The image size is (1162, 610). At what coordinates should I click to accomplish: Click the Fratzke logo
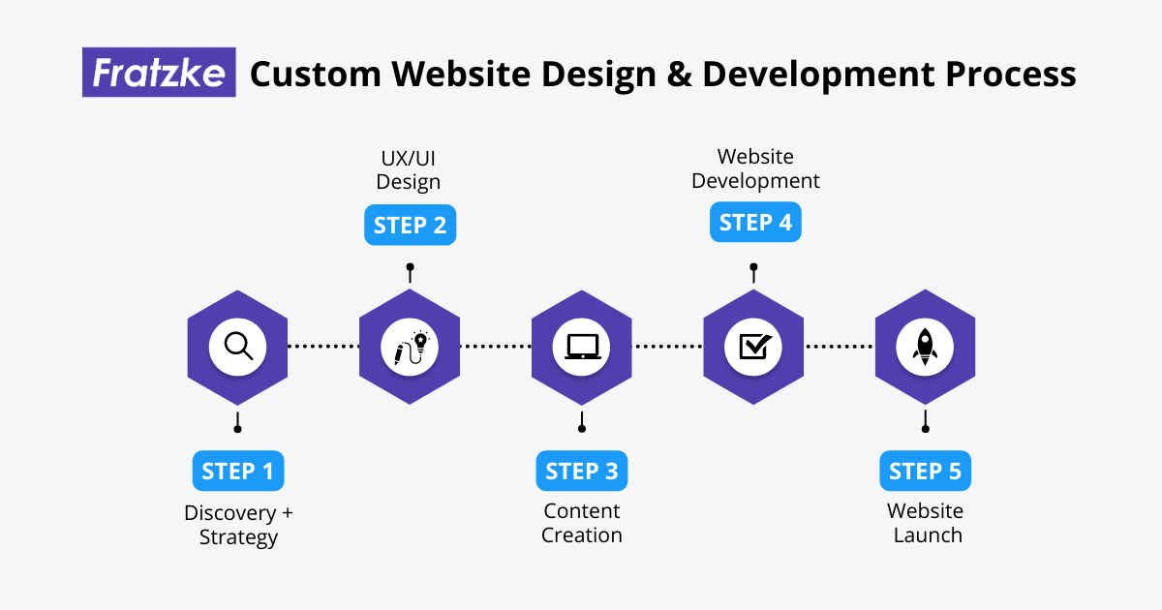click(x=159, y=73)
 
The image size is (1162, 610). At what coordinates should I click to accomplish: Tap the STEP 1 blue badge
click(x=238, y=472)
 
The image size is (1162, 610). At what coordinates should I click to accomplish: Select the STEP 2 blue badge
click(x=410, y=225)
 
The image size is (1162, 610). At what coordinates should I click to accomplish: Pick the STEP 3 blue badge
click(x=582, y=472)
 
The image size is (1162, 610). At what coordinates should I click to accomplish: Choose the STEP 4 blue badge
click(x=755, y=223)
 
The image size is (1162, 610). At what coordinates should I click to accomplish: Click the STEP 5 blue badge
click(x=926, y=472)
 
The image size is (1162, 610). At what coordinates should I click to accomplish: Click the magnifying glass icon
click(x=237, y=347)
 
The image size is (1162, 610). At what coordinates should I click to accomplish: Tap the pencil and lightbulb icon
click(x=410, y=347)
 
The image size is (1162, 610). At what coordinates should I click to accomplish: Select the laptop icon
click(x=582, y=347)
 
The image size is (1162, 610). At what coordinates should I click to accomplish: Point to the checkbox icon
click(x=753, y=347)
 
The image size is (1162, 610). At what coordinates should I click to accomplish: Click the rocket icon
click(x=925, y=347)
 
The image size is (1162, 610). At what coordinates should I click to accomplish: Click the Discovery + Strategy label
click(x=238, y=524)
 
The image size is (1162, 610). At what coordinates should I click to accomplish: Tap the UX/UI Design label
click(x=409, y=169)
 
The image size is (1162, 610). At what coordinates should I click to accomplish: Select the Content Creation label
click(x=582, y=524)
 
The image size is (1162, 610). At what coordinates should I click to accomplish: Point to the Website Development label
click(x=755, y=168)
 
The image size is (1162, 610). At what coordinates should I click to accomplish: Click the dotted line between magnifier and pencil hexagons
click(x=323, y=346)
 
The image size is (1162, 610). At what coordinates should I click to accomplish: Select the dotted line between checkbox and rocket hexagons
click(x=840, y=346)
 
